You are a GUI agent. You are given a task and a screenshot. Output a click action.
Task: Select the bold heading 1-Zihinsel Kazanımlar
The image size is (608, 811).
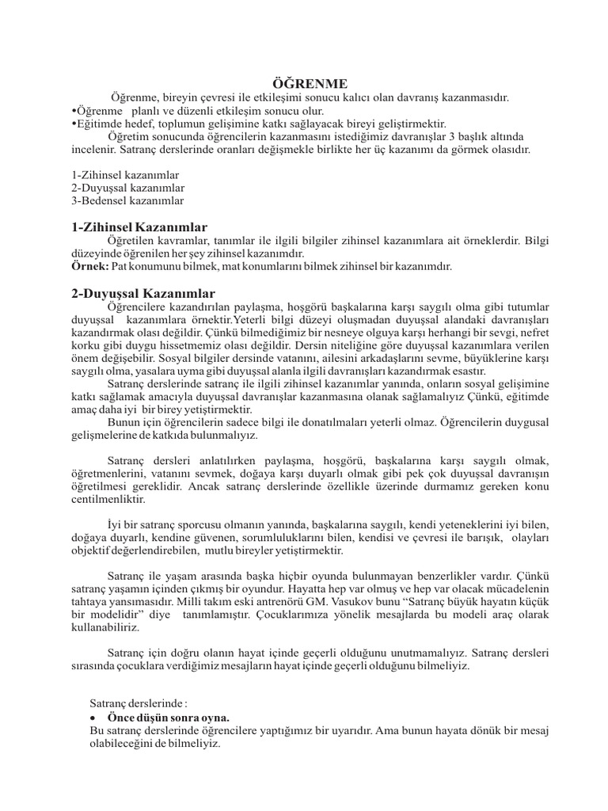[139, 227]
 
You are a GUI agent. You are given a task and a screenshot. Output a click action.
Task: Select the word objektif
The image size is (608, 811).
[92, 550]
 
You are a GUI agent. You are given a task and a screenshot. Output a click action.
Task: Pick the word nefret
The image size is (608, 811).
[532, 333]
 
